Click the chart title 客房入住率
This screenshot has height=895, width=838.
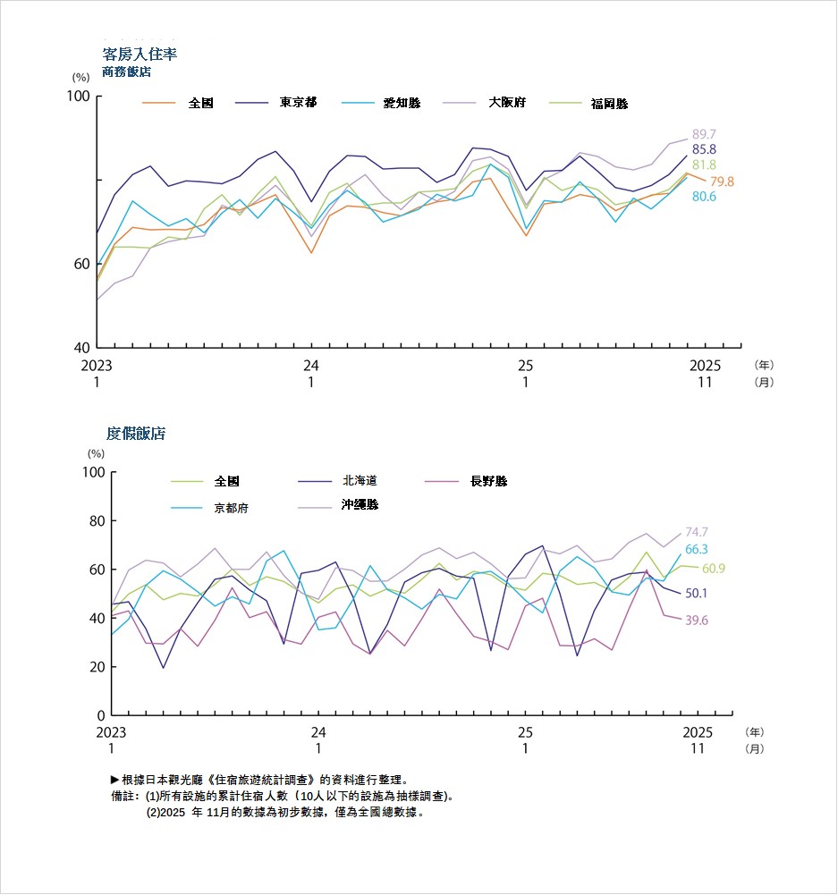(x=140, y=55)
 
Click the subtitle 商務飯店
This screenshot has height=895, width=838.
(x=126, y=72)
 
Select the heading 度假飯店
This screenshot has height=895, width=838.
(x=136, y=434)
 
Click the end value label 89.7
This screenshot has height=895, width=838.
(x=704, y=134)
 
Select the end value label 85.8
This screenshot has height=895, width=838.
(x=704, y=149)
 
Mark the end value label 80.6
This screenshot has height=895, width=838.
(x=704, y=196)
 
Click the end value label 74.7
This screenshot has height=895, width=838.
(x=697, y=532)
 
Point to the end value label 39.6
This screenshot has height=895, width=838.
(x=696, y=621)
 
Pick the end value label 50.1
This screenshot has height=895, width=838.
(x=696, y=593)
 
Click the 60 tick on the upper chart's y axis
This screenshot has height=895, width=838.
(x=80, y=264)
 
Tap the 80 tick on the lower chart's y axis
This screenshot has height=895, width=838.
(x=94, y=520)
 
